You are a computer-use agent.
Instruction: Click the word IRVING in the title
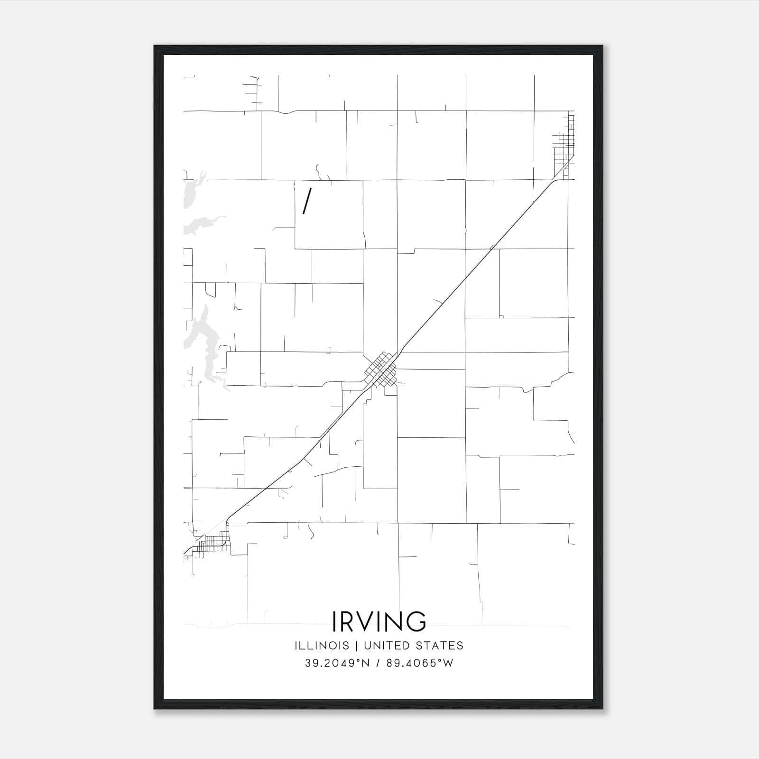click(379, 621)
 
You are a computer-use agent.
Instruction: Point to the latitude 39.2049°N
click(337, 663)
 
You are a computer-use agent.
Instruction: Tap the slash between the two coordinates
click(377, 663)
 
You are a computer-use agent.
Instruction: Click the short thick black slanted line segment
click(306, 201)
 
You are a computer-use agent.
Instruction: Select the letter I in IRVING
click(335, 621)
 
